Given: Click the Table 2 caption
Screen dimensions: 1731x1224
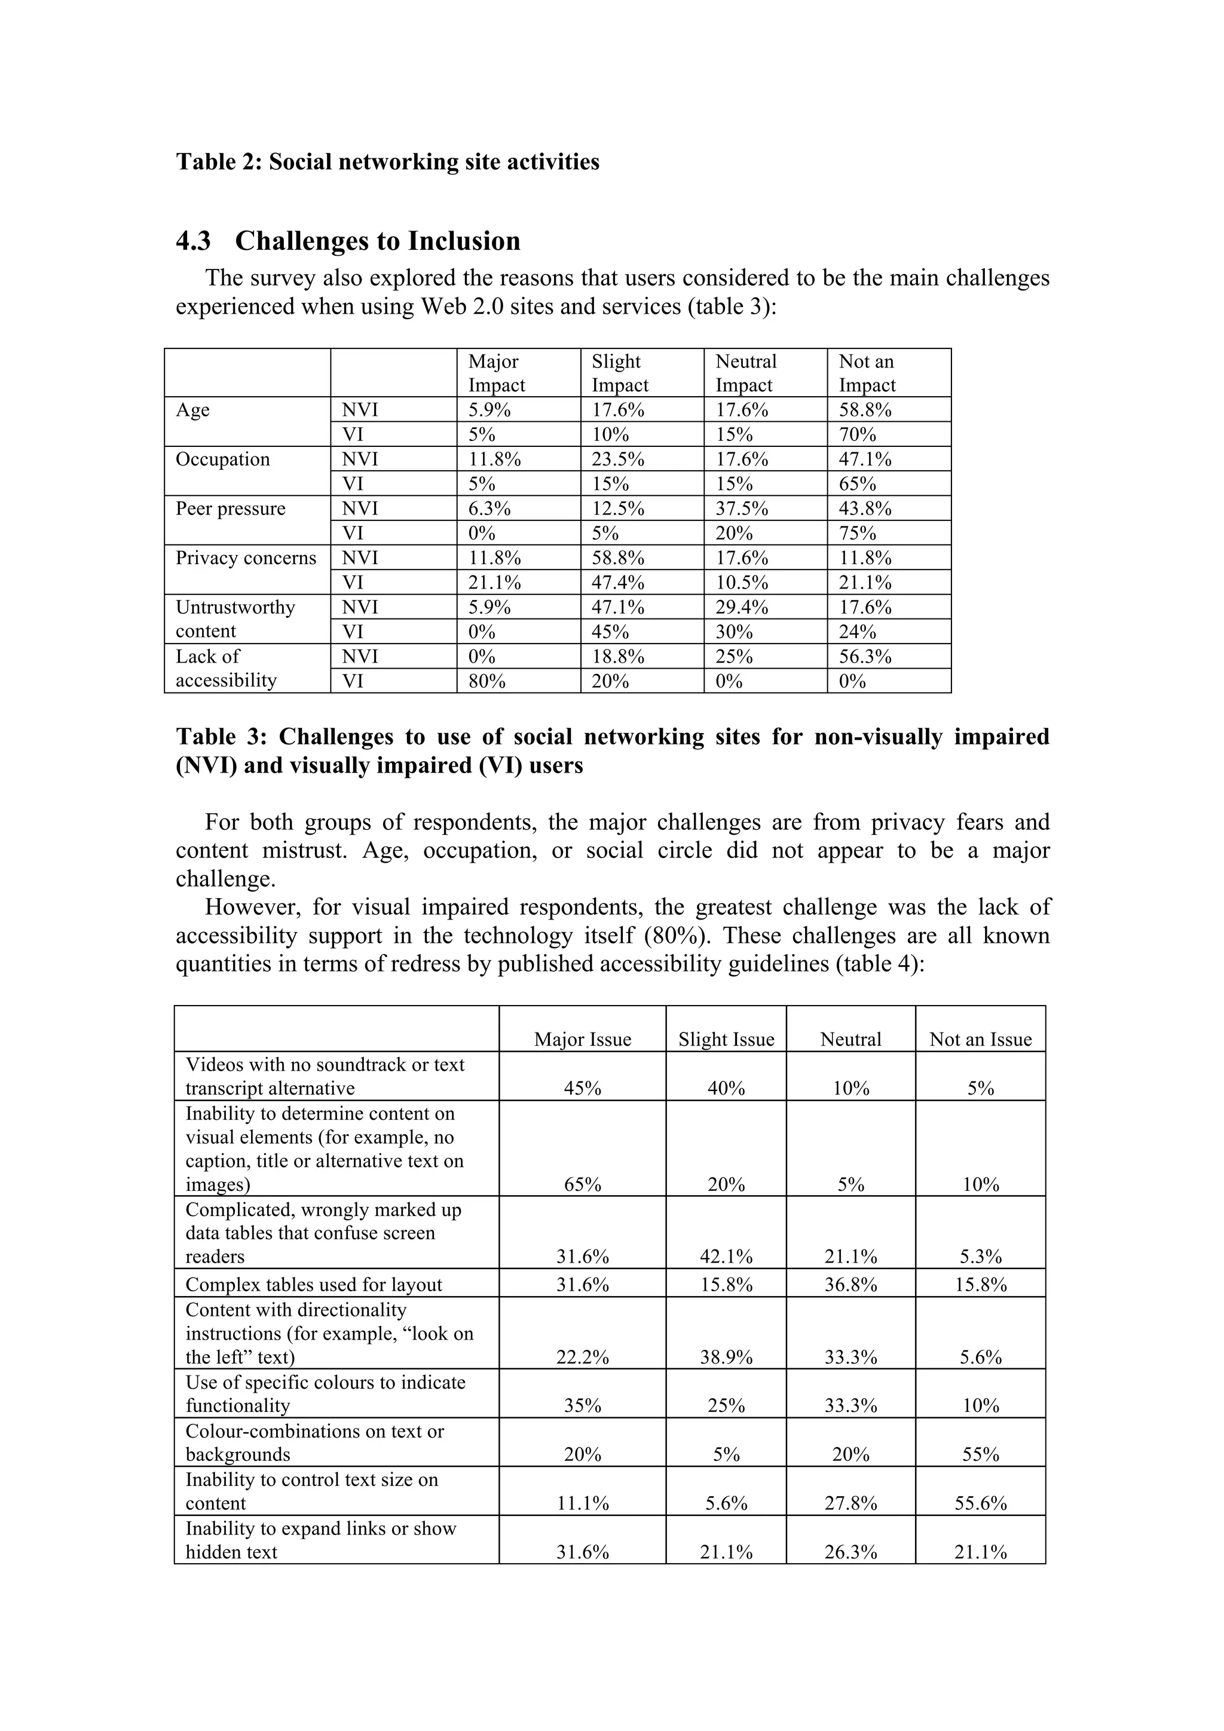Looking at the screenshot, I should click(x=388, y=162).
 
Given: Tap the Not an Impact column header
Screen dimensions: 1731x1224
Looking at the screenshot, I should click(x=867, y=373).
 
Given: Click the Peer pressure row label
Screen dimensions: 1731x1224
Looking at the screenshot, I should click(x=231, y=509).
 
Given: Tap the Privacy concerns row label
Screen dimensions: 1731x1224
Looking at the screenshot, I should click(x=246, y=559).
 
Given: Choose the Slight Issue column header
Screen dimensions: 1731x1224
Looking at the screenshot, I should click(x=726, y=1040).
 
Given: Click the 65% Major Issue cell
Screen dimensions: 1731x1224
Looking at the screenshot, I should click(x=583, y=1184).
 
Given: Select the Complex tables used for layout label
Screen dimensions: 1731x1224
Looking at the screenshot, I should click(x=314, y=1285).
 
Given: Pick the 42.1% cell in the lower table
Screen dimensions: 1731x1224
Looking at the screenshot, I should click(x=726, y=1257).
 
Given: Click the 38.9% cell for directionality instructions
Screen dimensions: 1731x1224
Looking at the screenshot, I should click(x=726, y=1358).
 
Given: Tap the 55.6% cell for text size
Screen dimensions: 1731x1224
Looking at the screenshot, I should click(x=980, y=1503).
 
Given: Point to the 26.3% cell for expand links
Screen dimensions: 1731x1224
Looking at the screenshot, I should click(x=850, y=1552).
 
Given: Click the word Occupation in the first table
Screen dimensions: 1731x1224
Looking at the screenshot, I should click(x=222, y=460).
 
